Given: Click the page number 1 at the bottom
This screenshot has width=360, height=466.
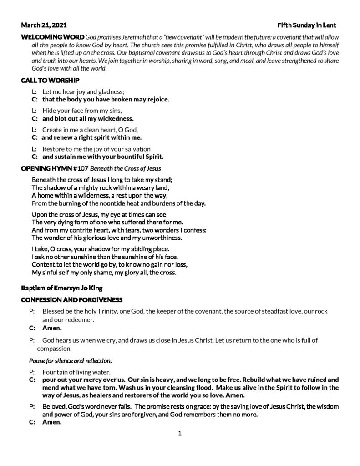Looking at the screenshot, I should click(180, 433).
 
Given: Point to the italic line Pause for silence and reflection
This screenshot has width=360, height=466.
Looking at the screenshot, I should click(70, 361).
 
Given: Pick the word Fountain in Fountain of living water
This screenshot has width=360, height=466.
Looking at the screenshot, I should click(56, 371).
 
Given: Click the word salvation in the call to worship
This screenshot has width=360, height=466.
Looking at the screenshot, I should click(135, 149).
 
